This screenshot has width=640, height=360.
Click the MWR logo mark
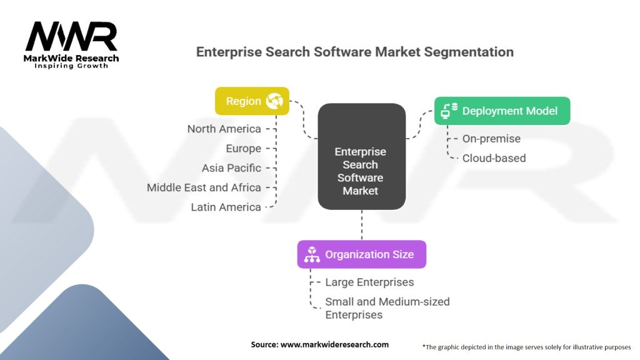coord(71,37)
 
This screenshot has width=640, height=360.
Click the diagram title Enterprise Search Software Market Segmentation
coord(354,52)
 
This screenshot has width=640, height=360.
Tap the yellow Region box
coord(252,101)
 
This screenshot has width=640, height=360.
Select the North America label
coord(224,129)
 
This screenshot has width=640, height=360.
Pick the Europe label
coord(243,149)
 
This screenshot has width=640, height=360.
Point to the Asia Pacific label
coord(231,168)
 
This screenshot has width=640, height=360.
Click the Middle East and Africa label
coord(204,187)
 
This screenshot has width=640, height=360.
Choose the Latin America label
coord(226,207)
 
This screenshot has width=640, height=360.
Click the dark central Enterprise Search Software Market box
coord(361,156)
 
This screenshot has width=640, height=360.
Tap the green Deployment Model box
coord(502,111)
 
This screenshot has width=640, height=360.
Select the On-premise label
coord(491,139)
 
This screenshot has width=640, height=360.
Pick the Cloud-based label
coord(494,158)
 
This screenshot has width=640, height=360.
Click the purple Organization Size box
coord(361,254)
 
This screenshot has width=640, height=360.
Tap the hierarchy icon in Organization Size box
coord(312,254)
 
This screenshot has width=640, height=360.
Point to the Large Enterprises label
coord(369,282)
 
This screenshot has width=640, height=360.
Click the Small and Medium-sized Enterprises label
coord(387,308)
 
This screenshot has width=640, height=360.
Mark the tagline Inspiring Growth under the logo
coord(71,66)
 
